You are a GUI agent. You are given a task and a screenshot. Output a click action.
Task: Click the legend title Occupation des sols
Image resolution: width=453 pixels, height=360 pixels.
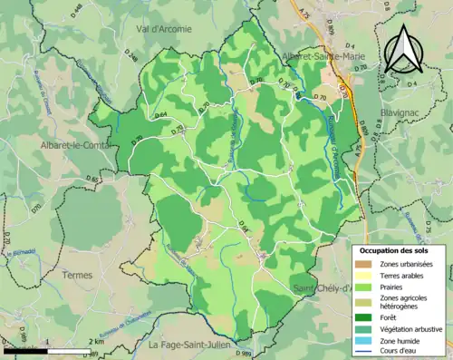click(x=400, y=250)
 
